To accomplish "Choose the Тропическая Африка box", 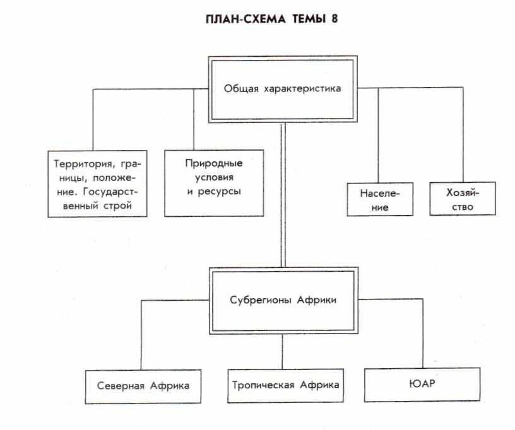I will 286,385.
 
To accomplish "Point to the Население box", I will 380,199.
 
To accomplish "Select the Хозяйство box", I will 462,198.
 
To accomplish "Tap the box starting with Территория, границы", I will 98,184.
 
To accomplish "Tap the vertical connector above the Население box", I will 379,135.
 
